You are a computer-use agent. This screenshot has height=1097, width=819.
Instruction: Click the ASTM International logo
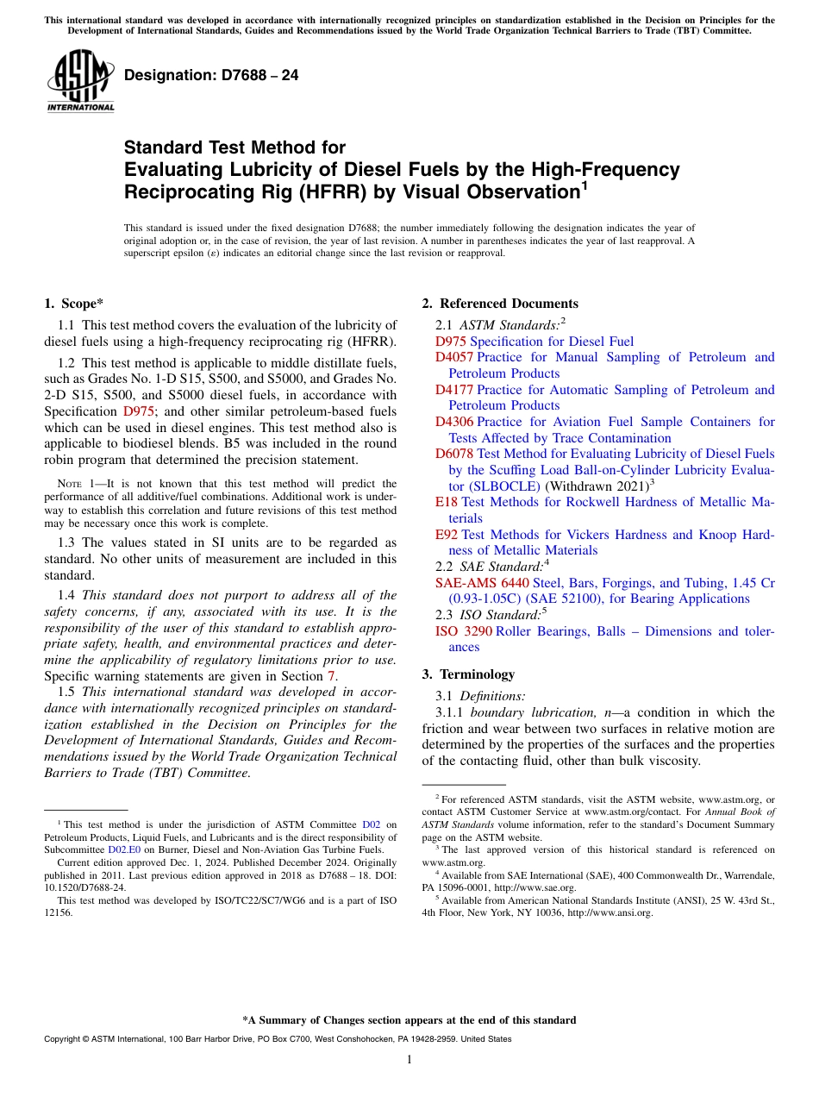[80, 82]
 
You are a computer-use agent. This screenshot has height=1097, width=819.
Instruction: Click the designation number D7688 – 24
[211, 76]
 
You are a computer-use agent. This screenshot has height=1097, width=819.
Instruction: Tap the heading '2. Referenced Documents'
[500, 304]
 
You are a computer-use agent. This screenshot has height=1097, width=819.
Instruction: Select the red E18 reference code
[447, 502]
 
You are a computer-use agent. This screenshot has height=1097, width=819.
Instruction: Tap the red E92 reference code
[447, 535]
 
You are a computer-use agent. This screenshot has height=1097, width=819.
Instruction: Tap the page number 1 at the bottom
[409, 1059]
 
